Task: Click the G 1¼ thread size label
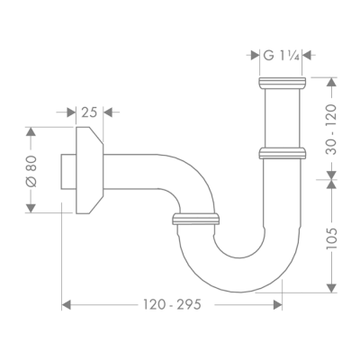pos(280,55)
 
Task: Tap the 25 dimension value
pos(87,112)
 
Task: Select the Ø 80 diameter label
pos(31,169)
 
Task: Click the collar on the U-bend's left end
pos(194,217)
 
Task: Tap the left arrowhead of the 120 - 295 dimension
pos(66,306)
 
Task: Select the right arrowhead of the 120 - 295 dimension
pos(277,306)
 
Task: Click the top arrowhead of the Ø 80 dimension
pos(31,131)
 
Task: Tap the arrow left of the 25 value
pos(69,112)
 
